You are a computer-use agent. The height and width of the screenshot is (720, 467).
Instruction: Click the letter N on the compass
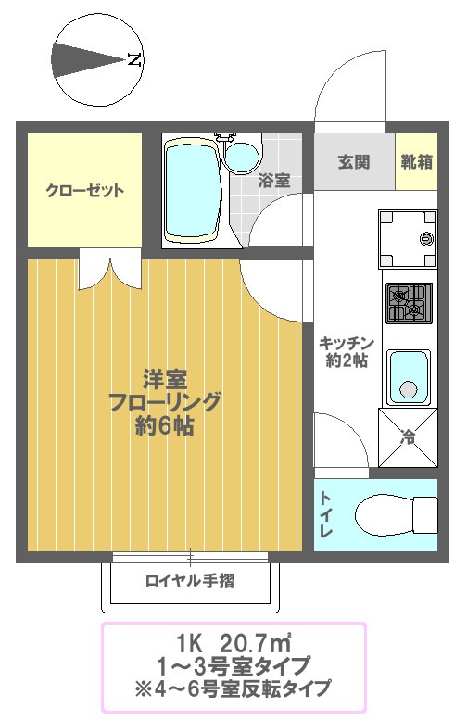[x=134, y=61]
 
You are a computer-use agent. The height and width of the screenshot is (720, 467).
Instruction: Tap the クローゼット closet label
[x=85, y=192]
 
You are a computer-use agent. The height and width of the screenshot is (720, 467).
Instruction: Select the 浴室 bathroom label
[x=274, y=180]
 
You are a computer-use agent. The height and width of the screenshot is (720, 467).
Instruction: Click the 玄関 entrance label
[x=353, y=162]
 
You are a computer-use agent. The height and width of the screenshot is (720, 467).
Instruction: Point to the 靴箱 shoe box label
[x=417, y=162]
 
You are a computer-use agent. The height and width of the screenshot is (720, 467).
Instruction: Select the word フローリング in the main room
[x=165, y=402]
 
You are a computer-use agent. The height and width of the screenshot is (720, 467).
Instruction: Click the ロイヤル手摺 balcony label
[x=190, y=582]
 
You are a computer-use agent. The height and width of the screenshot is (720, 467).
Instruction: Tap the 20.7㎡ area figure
[x=256, y=642]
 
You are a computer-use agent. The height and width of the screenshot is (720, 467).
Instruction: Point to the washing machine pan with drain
[x=408, y=237]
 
